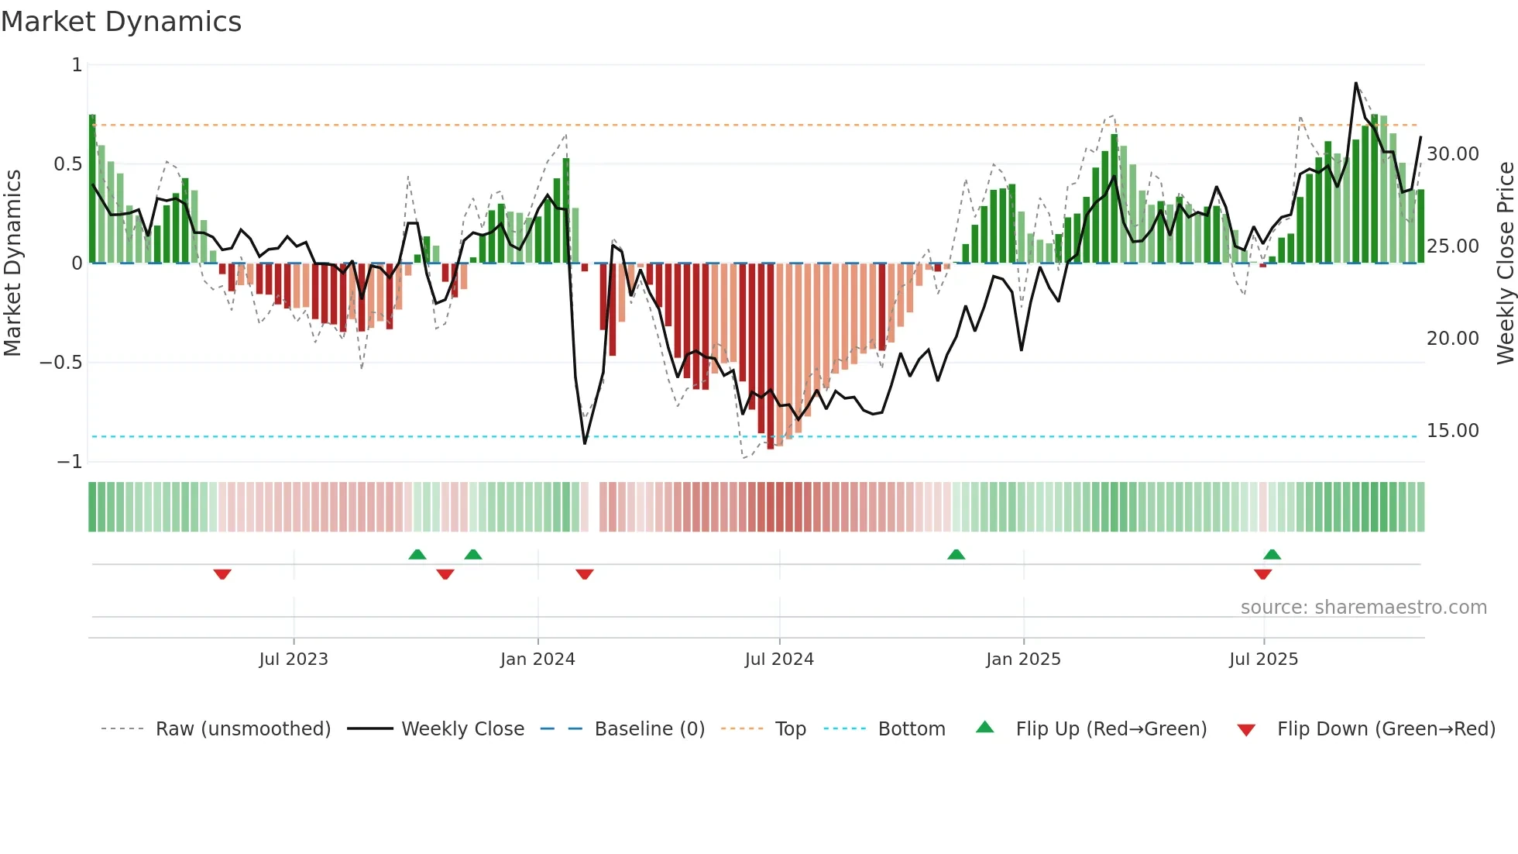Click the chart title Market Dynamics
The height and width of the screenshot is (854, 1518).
pos(122,22)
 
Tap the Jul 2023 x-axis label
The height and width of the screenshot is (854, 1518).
pos(294,659)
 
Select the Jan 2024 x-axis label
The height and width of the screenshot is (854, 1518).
pos(537,659)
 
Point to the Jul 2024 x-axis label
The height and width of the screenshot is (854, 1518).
pos(779,659)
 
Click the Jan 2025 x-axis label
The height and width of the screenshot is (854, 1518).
pos(1023,659)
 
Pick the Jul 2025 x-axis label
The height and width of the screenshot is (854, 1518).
pos(1263,659)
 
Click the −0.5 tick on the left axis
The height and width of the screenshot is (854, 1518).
pos(60,363)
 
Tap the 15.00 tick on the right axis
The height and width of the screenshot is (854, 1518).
pos(1452,431)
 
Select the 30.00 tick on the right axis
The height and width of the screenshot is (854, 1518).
pos(1452,154)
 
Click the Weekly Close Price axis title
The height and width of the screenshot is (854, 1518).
pos(1505,263)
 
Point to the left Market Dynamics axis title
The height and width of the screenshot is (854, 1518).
pos(13,263)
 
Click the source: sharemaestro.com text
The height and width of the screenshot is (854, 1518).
pos(1363,608)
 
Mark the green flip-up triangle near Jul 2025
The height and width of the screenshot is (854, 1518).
pos(1272,554)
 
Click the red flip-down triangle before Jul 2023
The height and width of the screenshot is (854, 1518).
pos(222,574)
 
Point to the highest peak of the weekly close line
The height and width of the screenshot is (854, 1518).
pos(1355,83)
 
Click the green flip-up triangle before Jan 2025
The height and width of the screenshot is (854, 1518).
pos(956,554)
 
